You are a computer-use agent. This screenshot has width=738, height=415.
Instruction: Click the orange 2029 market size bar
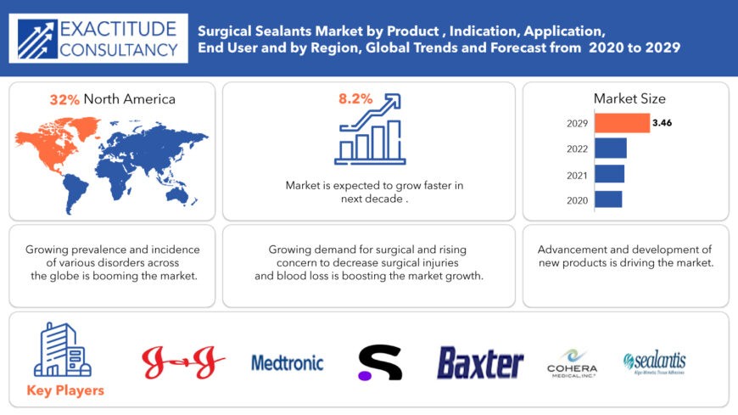point(622,123)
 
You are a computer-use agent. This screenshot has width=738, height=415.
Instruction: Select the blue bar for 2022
point(610,149)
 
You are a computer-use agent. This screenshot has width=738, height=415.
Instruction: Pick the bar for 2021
point(609,174)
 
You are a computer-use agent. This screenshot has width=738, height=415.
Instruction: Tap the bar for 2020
point(607,199)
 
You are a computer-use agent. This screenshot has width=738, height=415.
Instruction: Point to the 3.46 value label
point(662,123)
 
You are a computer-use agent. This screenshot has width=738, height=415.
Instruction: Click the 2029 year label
point(577,123)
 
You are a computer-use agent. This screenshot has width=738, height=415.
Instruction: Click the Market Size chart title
point(629,99)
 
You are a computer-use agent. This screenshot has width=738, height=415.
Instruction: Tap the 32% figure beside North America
point(64,99)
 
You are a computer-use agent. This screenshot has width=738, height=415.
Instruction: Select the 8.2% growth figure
point(355,99)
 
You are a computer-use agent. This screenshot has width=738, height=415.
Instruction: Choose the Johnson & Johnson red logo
point(183,363)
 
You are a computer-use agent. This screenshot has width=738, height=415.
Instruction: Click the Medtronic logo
point(288,363)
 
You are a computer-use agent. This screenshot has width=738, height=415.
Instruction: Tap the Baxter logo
point(480,363)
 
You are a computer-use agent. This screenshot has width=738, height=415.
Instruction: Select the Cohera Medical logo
point(573,363)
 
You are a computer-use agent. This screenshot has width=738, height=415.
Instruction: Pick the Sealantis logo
point(654,363)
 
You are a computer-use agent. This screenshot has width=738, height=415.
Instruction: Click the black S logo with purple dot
point(379,362)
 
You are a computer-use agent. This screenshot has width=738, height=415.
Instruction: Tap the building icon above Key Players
point(62,350)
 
